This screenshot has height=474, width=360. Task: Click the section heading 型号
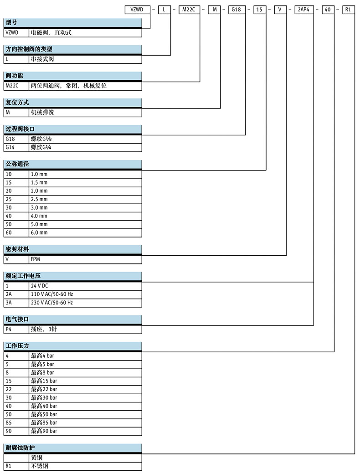click(x=12, y=22)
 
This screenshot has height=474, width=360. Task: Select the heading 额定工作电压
click(x=23, y=276)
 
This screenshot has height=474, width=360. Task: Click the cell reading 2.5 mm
click(x=39, y=199)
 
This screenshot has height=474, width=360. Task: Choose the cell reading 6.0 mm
click(x=39, y=232)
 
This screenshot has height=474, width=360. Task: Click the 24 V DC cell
click(x=39, y=286)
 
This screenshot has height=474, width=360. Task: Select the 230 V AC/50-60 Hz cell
click(x=51, y=303)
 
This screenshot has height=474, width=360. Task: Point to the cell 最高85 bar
click(x=44, y=422)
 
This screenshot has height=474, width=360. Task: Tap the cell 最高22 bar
click(x=44, y=389)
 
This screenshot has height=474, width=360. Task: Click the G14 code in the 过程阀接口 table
click(x=10, y=148)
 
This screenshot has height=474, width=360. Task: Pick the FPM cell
click(x=36, y=259)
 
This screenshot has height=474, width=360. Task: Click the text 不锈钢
click(x=40, y=466)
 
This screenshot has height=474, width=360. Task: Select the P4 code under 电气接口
click(x=8, y=329)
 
